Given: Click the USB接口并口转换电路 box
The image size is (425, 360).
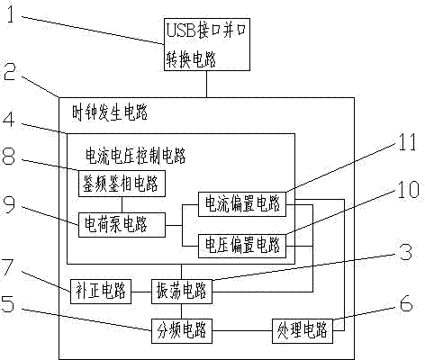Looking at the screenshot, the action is pos(207,44).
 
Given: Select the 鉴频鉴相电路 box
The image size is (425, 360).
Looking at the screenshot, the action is pos(122,184).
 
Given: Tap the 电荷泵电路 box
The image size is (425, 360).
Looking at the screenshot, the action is pos(122,225).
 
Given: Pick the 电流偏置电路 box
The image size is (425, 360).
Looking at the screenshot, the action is pos(242,204).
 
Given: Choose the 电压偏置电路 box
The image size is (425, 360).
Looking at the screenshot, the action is pos(242,246).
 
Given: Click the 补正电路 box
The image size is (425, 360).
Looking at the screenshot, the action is pos(101,292).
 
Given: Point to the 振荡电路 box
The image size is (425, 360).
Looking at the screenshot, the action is pos(182,292).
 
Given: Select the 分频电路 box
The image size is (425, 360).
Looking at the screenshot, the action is pos(182,331).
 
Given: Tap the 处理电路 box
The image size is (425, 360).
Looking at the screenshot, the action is pos(303,331).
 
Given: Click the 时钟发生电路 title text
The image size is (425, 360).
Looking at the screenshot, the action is pos(110,113).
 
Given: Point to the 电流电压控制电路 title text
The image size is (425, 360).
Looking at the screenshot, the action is pos(136,156).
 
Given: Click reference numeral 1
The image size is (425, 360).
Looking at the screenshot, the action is pos(11,14).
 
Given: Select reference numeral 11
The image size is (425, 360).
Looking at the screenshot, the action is pos(407,141).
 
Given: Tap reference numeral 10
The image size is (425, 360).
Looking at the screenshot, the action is pos(408,189).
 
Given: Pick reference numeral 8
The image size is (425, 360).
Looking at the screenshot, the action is pos(8,156).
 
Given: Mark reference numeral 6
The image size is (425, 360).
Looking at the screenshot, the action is pos(406,303).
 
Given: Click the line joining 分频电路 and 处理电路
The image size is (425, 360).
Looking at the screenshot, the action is pos(242,331).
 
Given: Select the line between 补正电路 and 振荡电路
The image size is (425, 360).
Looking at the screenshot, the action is pos(141,292).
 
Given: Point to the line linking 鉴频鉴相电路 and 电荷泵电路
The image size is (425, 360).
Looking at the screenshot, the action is pos(122,205).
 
